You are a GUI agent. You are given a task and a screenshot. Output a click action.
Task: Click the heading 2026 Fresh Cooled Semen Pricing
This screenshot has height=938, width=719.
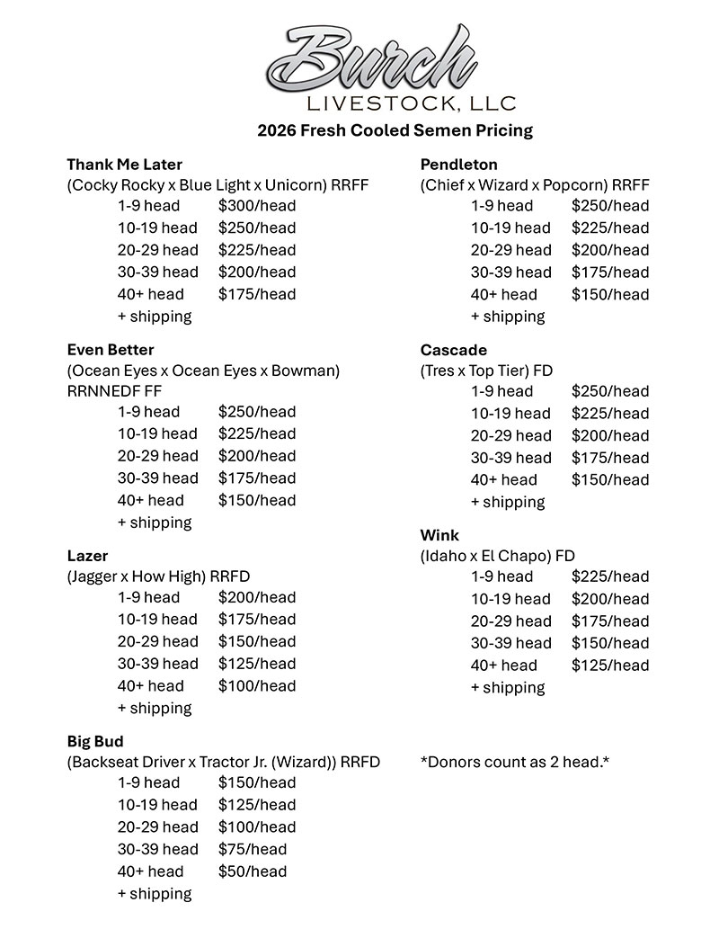[x=395, y=130]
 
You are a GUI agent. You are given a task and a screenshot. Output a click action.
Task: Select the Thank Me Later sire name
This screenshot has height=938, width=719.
[x=124, y=165]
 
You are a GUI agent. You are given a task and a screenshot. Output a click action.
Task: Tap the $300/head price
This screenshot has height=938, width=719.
[x=256, y=205]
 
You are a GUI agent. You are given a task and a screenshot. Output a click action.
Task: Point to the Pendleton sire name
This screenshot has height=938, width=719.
[x=458, y=165]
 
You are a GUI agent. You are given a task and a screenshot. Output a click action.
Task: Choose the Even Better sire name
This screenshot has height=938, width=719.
[x=111, y=350]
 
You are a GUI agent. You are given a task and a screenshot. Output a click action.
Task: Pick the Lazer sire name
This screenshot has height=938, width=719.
[x=87, y=556]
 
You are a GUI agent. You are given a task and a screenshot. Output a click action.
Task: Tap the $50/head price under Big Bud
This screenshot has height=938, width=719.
[x=252, y=871]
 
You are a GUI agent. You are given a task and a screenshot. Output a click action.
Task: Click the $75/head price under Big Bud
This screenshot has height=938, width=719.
[x=252, y=849]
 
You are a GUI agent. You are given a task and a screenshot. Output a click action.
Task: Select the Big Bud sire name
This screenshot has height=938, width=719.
[x=95, y=742]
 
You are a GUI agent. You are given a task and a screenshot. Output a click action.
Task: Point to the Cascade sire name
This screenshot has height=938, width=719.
[x=454, y=350]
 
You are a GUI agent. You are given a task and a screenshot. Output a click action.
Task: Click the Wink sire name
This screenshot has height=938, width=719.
[x=439, y=536]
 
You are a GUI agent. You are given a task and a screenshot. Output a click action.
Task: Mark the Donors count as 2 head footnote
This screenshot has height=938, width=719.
[x=515, y=762]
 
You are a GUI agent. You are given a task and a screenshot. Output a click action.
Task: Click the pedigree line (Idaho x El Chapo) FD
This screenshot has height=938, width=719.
[x=497, y=556]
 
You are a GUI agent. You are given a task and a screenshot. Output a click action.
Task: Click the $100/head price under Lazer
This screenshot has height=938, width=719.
[x=256, y=686]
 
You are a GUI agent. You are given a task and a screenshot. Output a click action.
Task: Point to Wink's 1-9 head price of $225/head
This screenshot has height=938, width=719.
[x=609, y=576]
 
